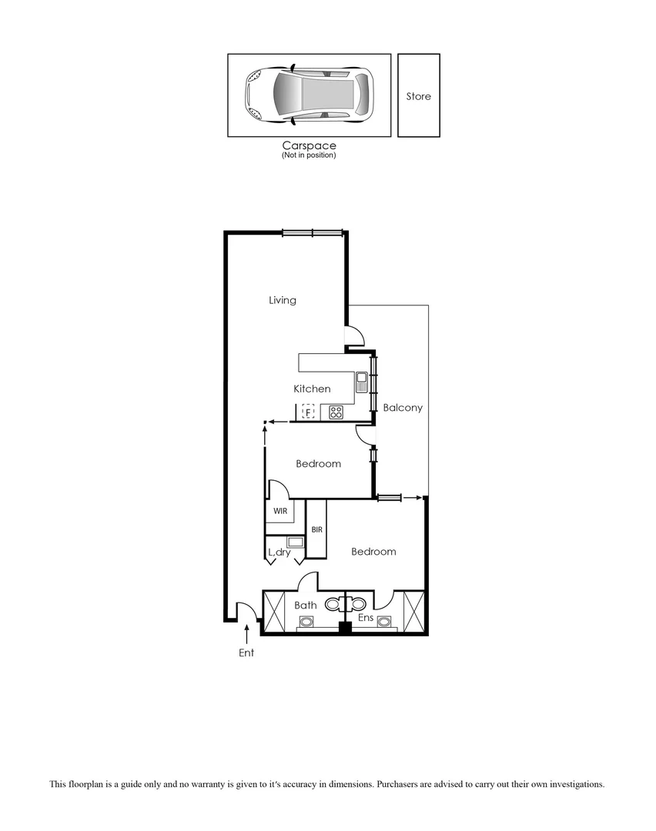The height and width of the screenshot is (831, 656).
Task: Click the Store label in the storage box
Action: tap(419, 96)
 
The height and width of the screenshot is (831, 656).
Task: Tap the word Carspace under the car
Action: tap(309, 145)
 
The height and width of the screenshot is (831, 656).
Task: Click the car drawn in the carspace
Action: tap(309, 95)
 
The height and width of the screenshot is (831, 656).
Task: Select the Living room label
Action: tap(283, 300)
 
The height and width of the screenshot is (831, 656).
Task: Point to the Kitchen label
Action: tap(312, 389)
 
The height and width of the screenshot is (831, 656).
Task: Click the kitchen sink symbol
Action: tap(361, 378)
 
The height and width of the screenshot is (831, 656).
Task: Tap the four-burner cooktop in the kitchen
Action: tap(336, 412)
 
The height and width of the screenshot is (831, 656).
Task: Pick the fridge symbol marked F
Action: tap(308, 412)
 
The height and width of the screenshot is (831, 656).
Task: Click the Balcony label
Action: tap(403, 408)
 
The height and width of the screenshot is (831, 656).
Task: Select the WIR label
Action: tap(279, 510)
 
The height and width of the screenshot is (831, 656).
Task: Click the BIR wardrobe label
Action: tap(316, 529)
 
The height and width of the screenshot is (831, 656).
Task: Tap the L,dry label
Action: tap(279, 552)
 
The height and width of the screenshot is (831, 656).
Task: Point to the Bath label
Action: tap(306, 606)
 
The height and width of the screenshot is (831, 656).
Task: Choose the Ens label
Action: tap(366, 617)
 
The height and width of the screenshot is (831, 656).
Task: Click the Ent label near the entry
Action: tap(246, 653)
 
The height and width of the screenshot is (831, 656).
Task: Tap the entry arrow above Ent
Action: tap(246, 634)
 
